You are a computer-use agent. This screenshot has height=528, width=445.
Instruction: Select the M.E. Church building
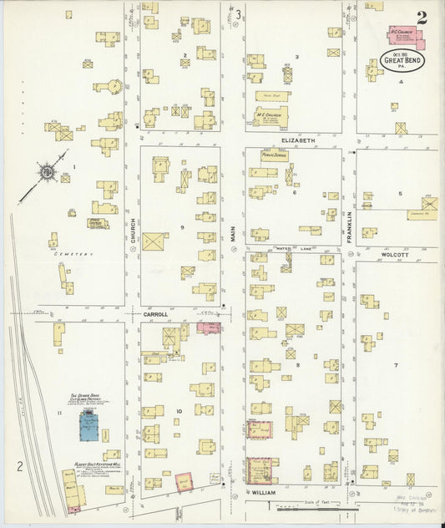coord(271,117)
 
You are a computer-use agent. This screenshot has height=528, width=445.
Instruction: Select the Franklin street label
coord(349,226)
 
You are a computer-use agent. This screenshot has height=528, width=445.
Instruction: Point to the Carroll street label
coord(155,314)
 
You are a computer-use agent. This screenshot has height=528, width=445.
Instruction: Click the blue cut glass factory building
coord(86,429)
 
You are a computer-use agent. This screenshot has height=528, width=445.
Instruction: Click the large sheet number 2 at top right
coord(423,17)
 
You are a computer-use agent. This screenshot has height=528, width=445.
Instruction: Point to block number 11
coord(59,414)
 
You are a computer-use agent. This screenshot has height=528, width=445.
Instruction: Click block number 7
coord(396,366)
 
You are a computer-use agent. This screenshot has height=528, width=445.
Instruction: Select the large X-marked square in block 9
coord(154,241)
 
